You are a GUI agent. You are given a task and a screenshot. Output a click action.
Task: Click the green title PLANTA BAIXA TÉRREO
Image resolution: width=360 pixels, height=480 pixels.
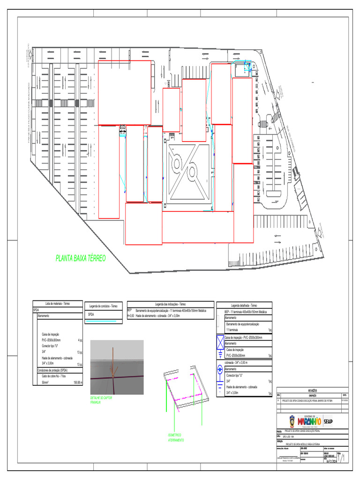[x=81, y=258]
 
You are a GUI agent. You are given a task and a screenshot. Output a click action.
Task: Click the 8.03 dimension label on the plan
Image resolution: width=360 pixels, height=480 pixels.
[x=123, y=127]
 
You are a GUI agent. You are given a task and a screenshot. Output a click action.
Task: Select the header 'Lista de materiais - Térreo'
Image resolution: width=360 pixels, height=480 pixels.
[x=57, y=304]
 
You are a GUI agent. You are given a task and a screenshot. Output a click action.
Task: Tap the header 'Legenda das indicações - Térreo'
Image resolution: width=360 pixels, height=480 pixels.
[x=170, y=304]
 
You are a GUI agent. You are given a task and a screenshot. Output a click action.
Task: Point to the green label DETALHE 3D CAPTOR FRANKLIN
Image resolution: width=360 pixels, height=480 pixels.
[x=102, y=400]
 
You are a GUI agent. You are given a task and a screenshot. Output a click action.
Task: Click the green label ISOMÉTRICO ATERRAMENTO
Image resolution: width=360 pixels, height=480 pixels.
[x=176, y=438]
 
